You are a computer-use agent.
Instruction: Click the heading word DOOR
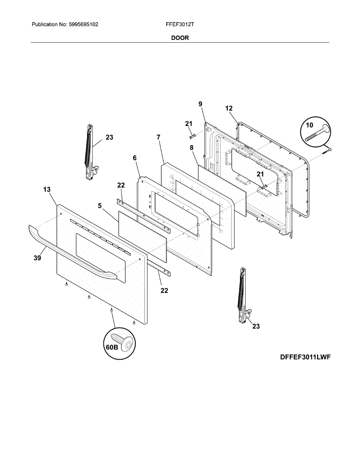(x=180, y=38)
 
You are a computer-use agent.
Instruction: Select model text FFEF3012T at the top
(x=180, y=24)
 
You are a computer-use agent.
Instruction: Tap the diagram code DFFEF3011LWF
(x=305, y=357)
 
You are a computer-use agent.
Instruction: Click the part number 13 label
(x=47, y=190)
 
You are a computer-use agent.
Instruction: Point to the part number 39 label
(x=37, y=258)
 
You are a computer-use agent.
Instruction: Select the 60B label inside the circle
(x=112, y=348)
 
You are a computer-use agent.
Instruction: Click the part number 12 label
(x=229, y=108)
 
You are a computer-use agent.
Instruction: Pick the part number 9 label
(x=200, y=104)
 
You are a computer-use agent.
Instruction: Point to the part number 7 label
(x=158, y=137)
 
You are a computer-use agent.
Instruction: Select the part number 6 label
(x=135, y=158)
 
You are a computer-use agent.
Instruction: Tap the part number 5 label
(x=100, y=206)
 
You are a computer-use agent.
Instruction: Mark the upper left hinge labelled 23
(x=90, y=151)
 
